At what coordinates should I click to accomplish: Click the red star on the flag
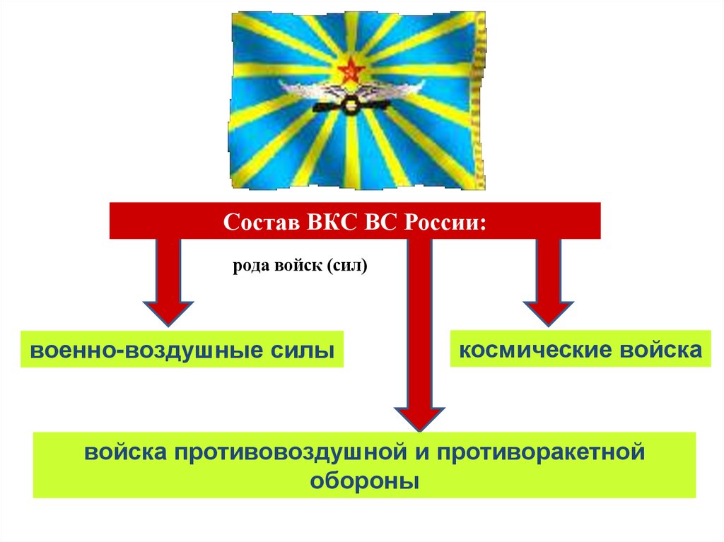coord(349,71)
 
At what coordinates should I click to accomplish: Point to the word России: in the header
coord(445,221)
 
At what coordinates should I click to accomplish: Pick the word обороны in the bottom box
coord(365,481)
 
